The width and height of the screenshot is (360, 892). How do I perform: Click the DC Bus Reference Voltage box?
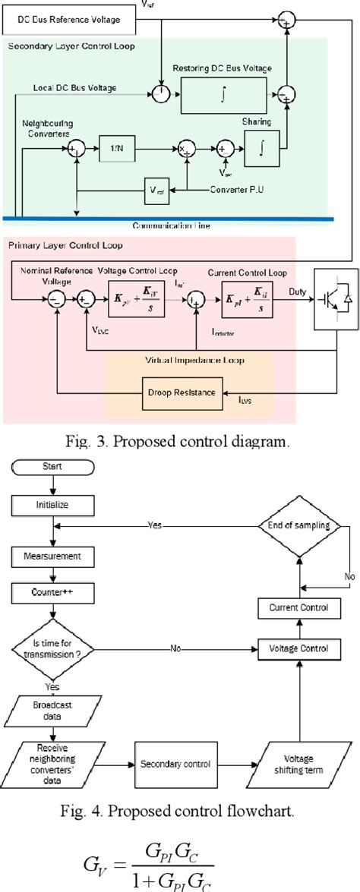70,19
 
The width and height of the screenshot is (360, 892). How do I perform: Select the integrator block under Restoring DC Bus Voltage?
226,96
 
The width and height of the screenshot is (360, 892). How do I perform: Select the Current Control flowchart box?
292,607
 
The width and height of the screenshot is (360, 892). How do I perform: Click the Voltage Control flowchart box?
292,648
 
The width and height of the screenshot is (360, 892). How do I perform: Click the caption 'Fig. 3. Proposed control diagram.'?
179,441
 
